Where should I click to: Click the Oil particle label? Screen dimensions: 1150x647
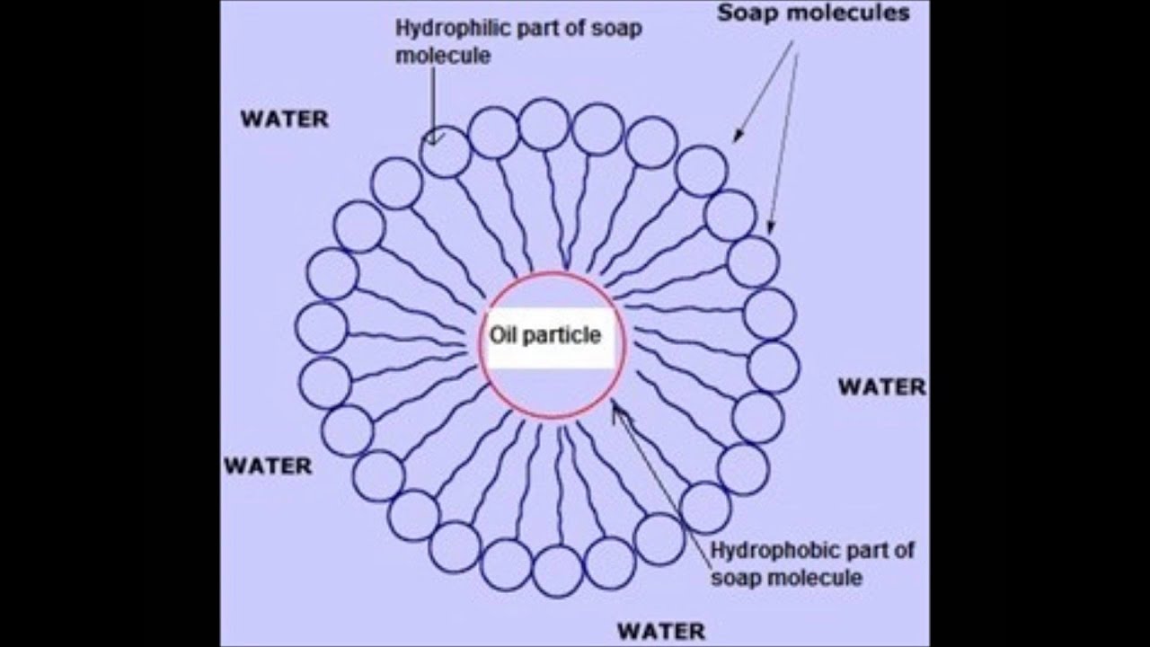544,335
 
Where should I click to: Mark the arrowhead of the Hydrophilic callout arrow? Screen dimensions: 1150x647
434,139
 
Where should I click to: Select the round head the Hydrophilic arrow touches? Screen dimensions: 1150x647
445,152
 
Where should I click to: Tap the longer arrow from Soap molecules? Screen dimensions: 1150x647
784,135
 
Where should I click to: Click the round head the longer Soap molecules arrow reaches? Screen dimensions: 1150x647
752,261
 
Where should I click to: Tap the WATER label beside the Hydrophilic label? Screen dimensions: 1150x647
284,120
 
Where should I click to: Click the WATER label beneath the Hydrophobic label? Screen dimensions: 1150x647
660,630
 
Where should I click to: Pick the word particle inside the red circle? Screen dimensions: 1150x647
563,335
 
